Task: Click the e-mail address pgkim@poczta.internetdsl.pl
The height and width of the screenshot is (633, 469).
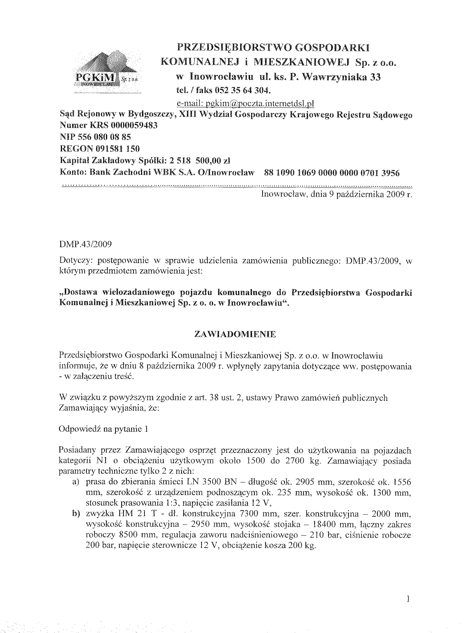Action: click(245, 104)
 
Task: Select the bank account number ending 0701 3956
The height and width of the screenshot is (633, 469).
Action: click(331, 173)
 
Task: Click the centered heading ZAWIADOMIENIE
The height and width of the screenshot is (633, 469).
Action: click(235, 334)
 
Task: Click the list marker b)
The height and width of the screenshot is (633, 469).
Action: click(76, 514)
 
